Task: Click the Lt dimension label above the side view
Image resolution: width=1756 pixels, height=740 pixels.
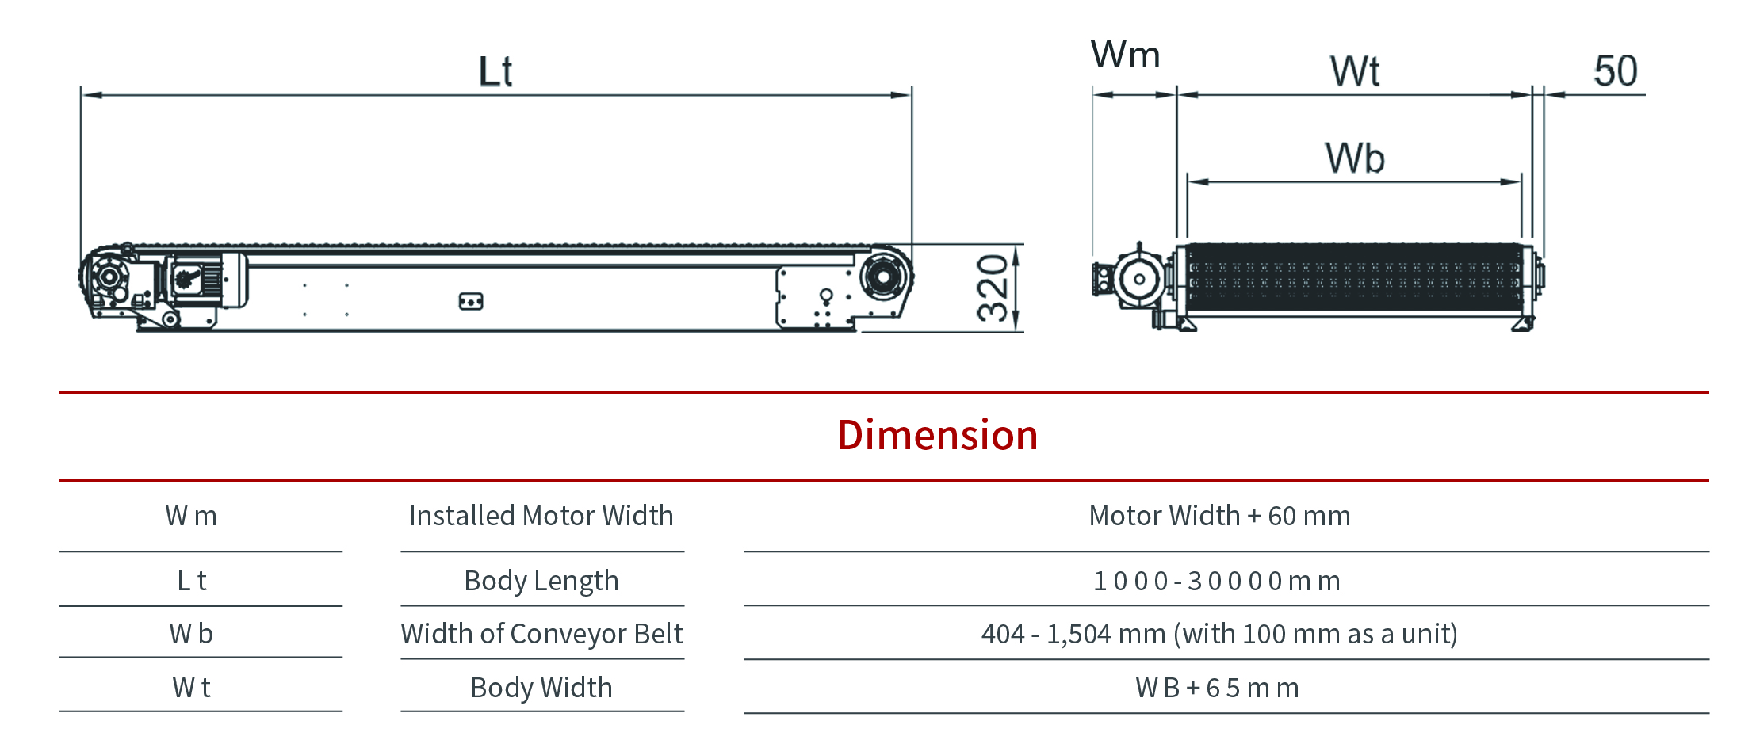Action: click(495, 71)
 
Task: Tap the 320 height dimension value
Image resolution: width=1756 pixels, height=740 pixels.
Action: click(993, 288)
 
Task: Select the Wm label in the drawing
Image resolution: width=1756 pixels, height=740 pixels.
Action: click(1125, 55)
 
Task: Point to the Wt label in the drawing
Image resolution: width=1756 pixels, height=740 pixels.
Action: click(1355, 71)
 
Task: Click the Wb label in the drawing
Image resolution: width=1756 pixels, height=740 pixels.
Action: click(1355, 158)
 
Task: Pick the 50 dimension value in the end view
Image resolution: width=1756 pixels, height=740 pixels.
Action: click(1616, 71)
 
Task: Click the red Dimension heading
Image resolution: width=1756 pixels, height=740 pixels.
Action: click(938, 435)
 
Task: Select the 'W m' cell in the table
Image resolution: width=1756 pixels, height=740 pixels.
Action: click(191, 516)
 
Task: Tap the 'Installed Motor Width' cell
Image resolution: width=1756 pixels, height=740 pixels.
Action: click(541, 516)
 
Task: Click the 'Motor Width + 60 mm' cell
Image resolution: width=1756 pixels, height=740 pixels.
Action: click(1219, 516)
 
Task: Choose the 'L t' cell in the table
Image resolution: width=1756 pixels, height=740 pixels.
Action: click(191, 581)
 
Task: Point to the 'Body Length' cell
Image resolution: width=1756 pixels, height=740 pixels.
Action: click(541, 581)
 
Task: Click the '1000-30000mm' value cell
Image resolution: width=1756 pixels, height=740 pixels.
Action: click(1217, 581)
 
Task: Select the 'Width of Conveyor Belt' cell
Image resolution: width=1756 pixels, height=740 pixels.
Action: click(541, 634)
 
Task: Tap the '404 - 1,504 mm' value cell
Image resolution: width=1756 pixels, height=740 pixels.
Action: click(1219, 634)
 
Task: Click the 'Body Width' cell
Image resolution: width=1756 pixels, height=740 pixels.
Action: click(541, 688)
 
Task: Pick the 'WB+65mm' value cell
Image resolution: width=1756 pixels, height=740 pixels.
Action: click(1217, 688)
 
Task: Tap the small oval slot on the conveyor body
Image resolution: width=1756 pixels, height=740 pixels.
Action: click(471, 302)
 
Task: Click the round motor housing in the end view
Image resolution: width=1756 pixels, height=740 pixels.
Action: click(1139, 279)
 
